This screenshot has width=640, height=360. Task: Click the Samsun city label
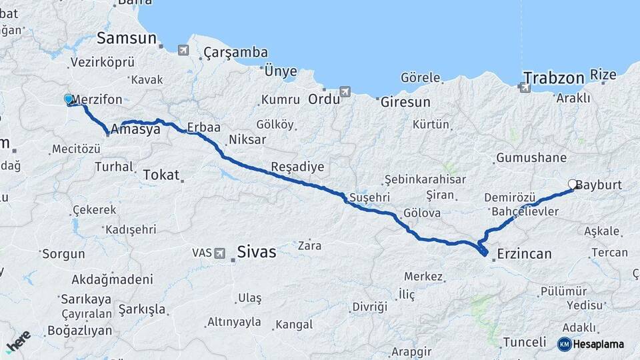pyautogui.click(x=126, y=38)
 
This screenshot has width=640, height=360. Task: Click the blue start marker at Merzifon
pyautogui.click(x=68, y=99)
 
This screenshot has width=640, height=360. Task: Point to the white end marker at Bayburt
pyautogui.click(x=572, y=184)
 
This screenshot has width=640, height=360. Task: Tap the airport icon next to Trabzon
pyautogui.click(x=525, y=87)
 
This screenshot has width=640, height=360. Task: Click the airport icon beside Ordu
pyautogui.click(x=345, y=91)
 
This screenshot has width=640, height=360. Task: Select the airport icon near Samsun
pyautogui.click(x=183, y=50)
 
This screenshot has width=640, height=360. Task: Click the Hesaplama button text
pyautogui.click(x=599, y=344)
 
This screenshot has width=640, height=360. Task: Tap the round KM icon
pyautogui.click(x=564, y=344)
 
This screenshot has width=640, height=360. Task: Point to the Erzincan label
pyautogui.click(x=525, y=253)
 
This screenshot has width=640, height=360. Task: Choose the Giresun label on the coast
pyautogui.click(x=405, y=103)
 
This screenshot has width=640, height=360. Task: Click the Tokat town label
pyautogui.click(x=161, y=175)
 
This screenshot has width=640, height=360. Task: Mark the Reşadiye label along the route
pyautogui.click(x=297, y=166)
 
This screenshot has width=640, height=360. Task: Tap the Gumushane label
pyautogui.click(x=531, y=158)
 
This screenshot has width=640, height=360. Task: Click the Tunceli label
pyautogui.click(x=524, y=342)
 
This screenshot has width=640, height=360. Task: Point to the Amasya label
pyautogui.click(x=136, y=129)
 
